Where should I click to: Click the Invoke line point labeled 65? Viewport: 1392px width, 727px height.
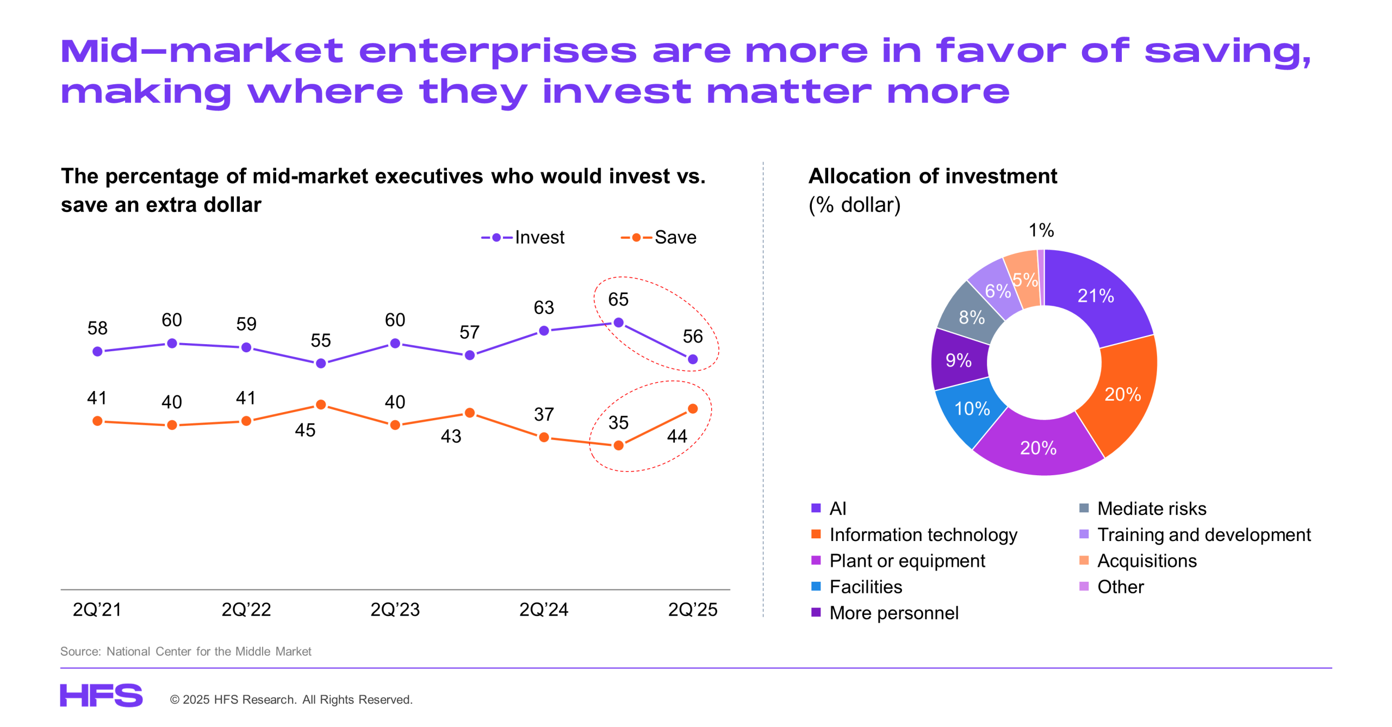pyautogui.click(x=618, y=322)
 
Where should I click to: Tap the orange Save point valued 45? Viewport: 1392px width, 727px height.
pyautogui.click(x=321, y=405)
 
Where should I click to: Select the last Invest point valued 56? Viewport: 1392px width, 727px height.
pyautogui.click(x=693, y=359)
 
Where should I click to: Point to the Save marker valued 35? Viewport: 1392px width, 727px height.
pyautogui.click(x=618, y=445)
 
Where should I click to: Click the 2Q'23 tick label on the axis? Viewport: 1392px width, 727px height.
pyautogui.click(x=395, y=609)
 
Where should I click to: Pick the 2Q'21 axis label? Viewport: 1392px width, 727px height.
pyautogui.click(x=97, y=609)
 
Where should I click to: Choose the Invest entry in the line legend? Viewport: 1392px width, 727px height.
pyautogui.click(x=523, y=237)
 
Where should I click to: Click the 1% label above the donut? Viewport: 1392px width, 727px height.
pyautogui.click(x=1041, y=230)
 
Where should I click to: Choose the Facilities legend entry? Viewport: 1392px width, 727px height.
pyautogui.click(x=865, y=587)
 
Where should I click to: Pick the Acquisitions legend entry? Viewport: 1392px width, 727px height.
pyautogui.click(x=1146, y=561)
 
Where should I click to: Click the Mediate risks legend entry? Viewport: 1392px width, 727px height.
pyautogui.click(x=1151, y=508)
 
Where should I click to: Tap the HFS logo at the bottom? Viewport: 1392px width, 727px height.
pyautogui.click(x=101, y=695)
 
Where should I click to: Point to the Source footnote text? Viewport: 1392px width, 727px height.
pyautogui.click(x=185, y=651)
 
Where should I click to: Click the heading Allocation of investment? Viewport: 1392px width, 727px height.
pyautogui.click(x=933, y=176)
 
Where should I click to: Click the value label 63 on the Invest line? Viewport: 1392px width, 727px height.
pyautogui.click(x=544, y=307)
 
